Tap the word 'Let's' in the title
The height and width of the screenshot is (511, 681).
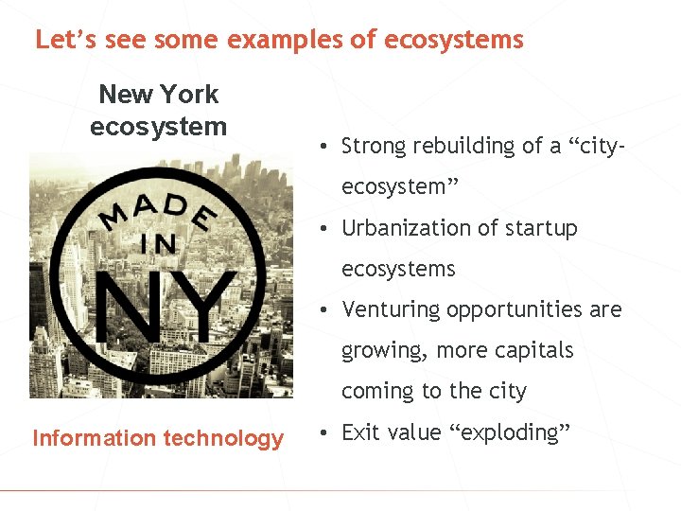coord(62,40)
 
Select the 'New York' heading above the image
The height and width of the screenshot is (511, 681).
coord(158,94)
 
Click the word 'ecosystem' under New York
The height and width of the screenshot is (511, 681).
coord(158,126)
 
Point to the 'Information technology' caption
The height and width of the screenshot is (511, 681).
coord(158,438)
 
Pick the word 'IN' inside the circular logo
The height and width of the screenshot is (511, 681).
coord(158,243)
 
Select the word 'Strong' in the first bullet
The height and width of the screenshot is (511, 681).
coord(373,146)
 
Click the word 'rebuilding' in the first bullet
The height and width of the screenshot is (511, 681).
coord(457,146)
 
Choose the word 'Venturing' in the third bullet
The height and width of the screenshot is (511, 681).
coord(392,309)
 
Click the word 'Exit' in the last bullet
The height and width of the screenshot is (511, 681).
coord(359,432)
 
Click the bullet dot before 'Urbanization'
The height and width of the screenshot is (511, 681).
coord(323,229)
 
